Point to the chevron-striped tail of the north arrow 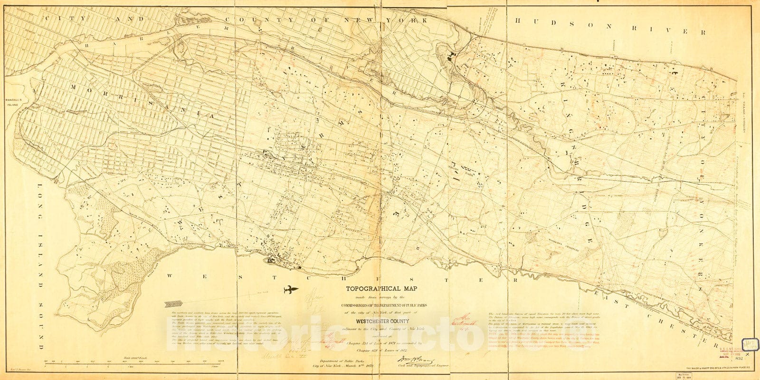(173, 303)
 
